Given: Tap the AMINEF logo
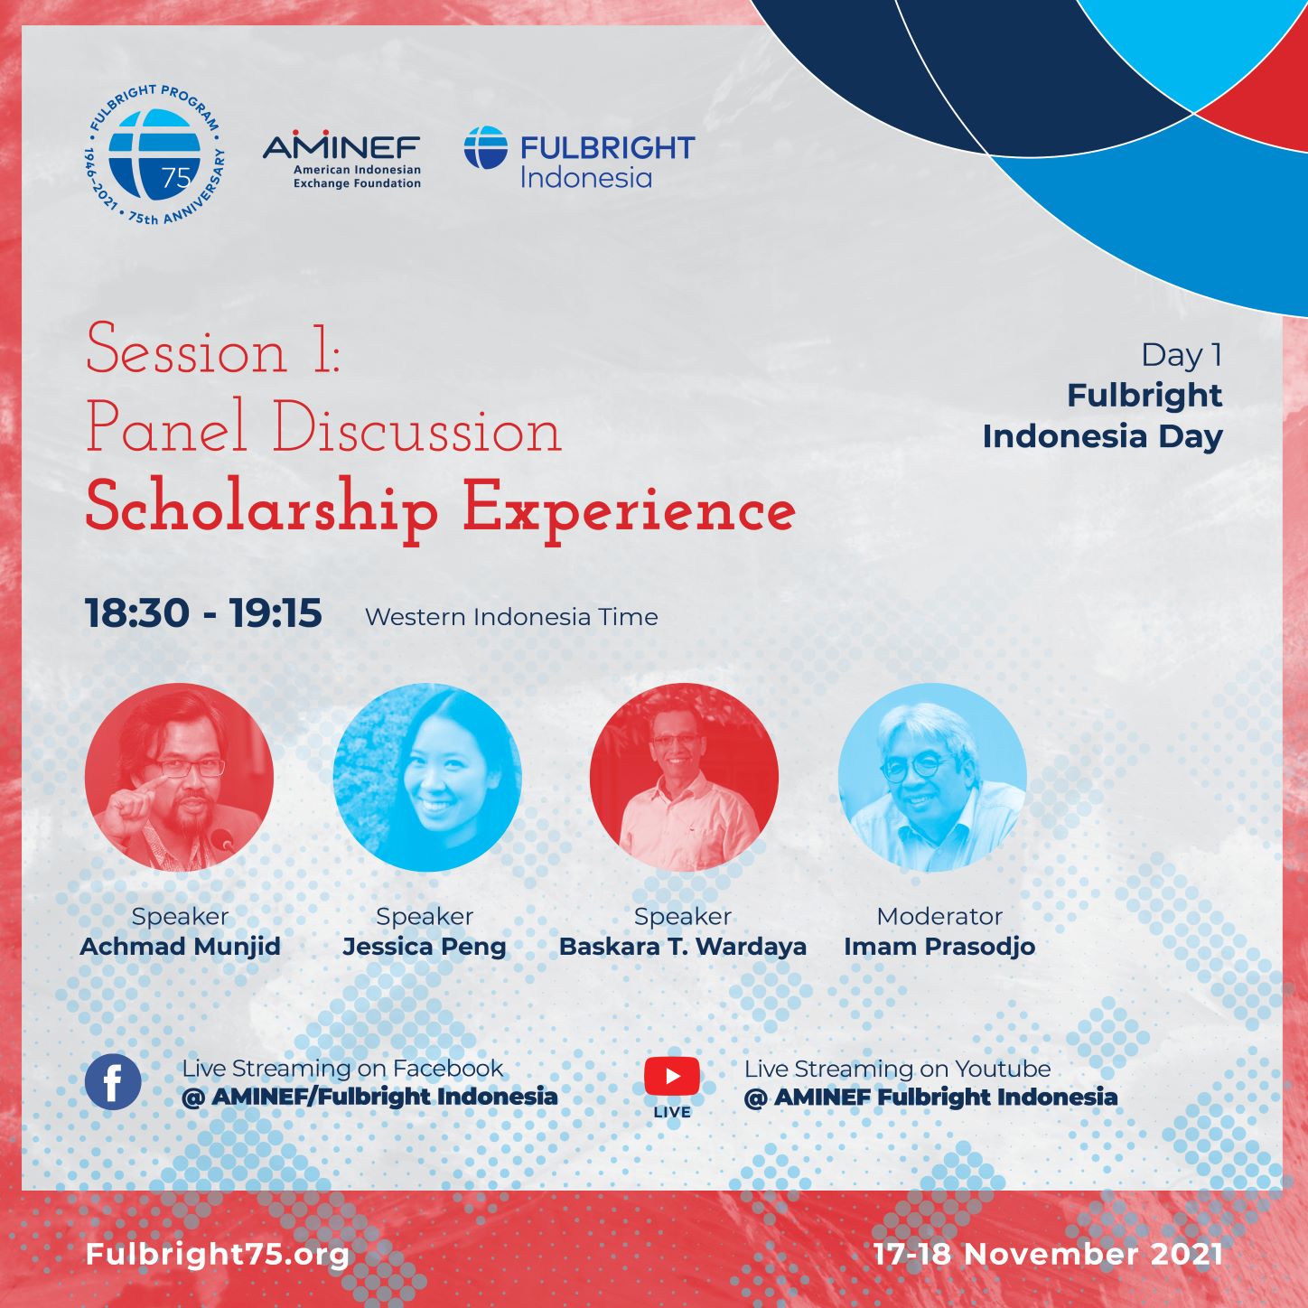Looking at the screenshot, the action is pyautogui.click(x=341, y=159).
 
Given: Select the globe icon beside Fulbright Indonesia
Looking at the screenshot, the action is pyautogui.click(x=485, y=147).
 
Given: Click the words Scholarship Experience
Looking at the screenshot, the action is pyautogui.click(x=440, y=510).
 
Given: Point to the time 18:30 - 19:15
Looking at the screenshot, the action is pyautogui.click(x=203, y=613).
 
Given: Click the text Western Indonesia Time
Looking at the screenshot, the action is pyautogui.click(x=511, y=616).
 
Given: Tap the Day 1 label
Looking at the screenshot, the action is pyautogui.click(x=1181, y=355).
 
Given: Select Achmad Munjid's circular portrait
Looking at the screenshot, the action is pyautogui.click(x=179, y=777).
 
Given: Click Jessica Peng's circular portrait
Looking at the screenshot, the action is pyautogui.click(x=427, y=777).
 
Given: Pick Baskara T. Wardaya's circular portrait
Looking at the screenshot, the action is pyautogui.click(x=684, y=777).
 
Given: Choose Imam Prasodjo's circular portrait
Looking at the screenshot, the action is pyautogui.click(x=932, y=777).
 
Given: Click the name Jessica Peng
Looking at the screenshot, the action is pyautogui.click(x=425, y=946).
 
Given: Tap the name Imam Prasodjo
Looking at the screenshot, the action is pyautogui.click(x=939, y=946).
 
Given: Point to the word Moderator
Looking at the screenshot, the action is pyautogui.click(x=939, y=916).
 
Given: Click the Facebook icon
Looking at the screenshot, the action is pyautogui.click(x=113, y=1082).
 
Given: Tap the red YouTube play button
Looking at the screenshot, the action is pyautogui.click(x=672, y=1076).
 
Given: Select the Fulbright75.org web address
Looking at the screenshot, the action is pyautogui.click(x=217, y=1254).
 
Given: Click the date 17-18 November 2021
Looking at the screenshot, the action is pyautogui.click(x=1047, y=1254).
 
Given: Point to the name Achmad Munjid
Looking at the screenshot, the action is pyautogui.click(x=180, y=946).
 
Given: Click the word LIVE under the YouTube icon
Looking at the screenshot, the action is pyautogui.click(x=672, y=1113).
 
